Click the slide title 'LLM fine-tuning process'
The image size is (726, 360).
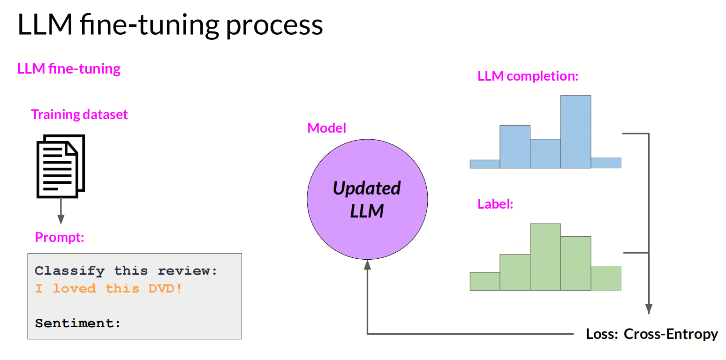pyautogui.click(x=170, y=25)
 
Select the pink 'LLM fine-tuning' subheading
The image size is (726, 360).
pyautogui.click(x=69, y=69)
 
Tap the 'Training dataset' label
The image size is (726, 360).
pyautogui.click(x=79, y=114)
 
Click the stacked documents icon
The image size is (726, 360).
pyautogui.click(x=60, y=166)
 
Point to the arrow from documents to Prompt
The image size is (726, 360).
pyautogui.click(x=60, y=210)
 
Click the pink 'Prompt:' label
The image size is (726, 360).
pyautogui.click(x=60, y=237)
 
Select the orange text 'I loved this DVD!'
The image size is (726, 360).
pyautogui.click(x=109, y=288)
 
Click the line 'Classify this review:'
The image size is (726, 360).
pyautogui.click(x=126, y=270)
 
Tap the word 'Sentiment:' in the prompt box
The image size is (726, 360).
pyautogui.click(x=78, y=323)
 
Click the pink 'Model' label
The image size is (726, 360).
pyautogui.click(x=327, y=128)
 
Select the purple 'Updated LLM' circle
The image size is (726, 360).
pyautogui.click(x=367, y=199)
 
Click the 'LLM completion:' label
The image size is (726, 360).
pyautogui.click(x=528, y=76)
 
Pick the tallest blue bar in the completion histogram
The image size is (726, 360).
pyautogui.click(x=575, y=132)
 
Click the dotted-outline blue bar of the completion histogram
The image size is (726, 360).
pyautogui.click(x=606, y=163)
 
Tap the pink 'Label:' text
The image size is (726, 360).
pyautogui.click(x=495, y=204)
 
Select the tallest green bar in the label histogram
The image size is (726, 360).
pyautogui.click(x=545, y=257)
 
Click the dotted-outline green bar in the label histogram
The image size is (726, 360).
pyautogui.click(x=606, y=278)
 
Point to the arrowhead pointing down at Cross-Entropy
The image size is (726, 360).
pyautogui.click(x=649, y=309)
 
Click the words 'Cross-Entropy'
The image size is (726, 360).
pyautogui.click(x=671, y=334)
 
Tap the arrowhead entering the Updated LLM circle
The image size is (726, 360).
pyautogui.click(x=367, y=265)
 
